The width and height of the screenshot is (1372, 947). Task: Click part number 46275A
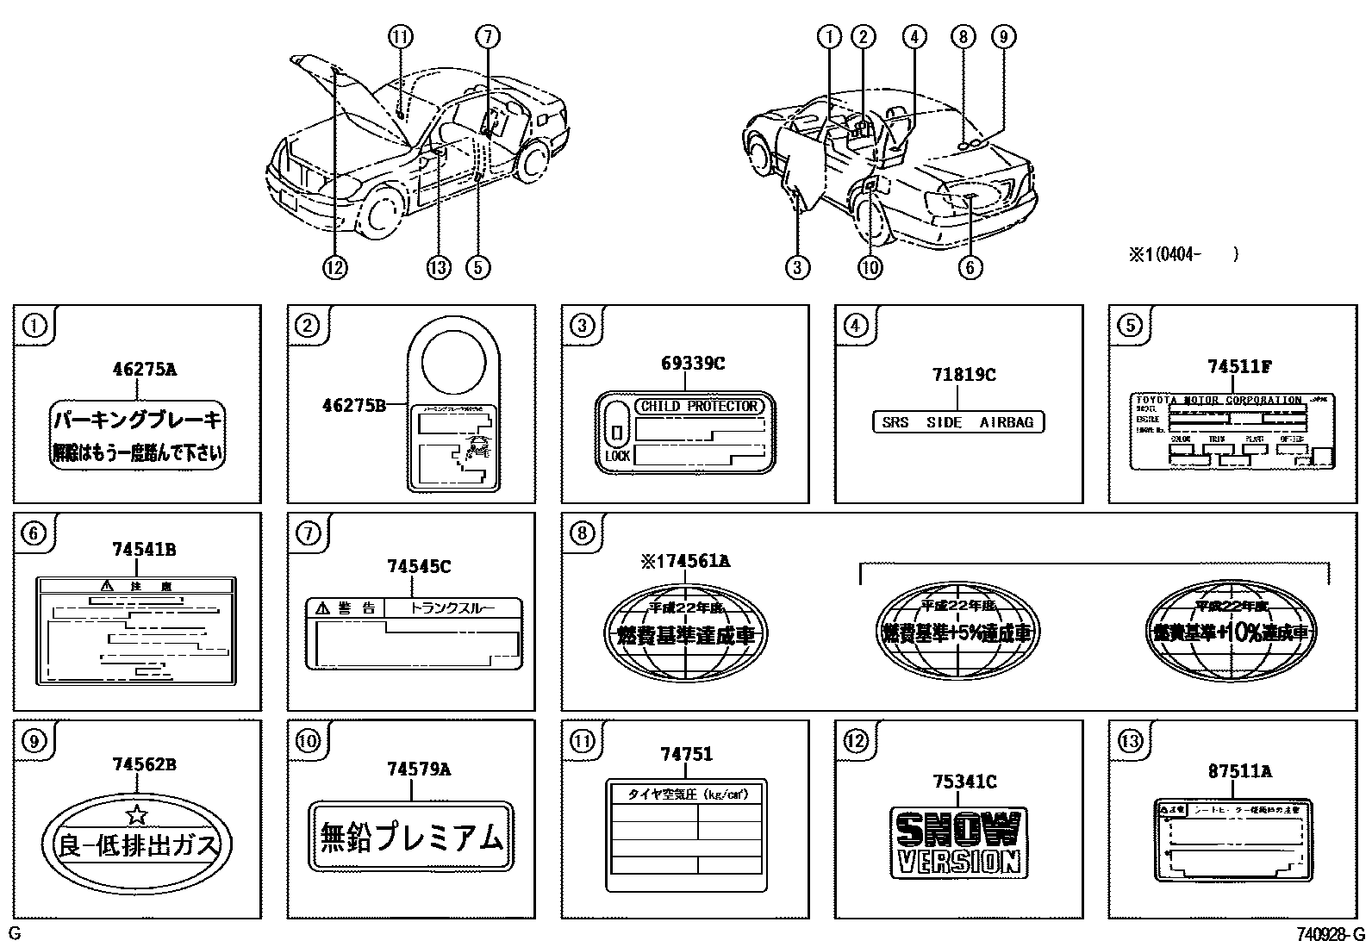pos(144,370)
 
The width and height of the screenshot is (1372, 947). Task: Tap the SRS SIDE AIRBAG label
pos(957,422)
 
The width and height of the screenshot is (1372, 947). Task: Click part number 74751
pos(686,754)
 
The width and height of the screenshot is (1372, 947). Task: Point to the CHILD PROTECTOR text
pos(699,406)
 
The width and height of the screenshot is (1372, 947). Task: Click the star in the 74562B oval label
pos(136,813)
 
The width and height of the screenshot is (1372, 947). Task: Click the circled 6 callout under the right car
pos(970,267)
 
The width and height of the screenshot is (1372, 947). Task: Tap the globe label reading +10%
pos(1232,632)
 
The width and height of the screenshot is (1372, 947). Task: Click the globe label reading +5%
pos(957,632)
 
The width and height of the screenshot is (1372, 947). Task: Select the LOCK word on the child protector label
pos(617,456)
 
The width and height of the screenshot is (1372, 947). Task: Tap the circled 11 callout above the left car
pos(400,36)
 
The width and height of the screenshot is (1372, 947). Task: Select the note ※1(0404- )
pos(1183,254)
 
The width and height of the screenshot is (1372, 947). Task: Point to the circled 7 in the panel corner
pos(308,533)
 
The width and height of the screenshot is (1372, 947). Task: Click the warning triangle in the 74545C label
pos(323,608)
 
